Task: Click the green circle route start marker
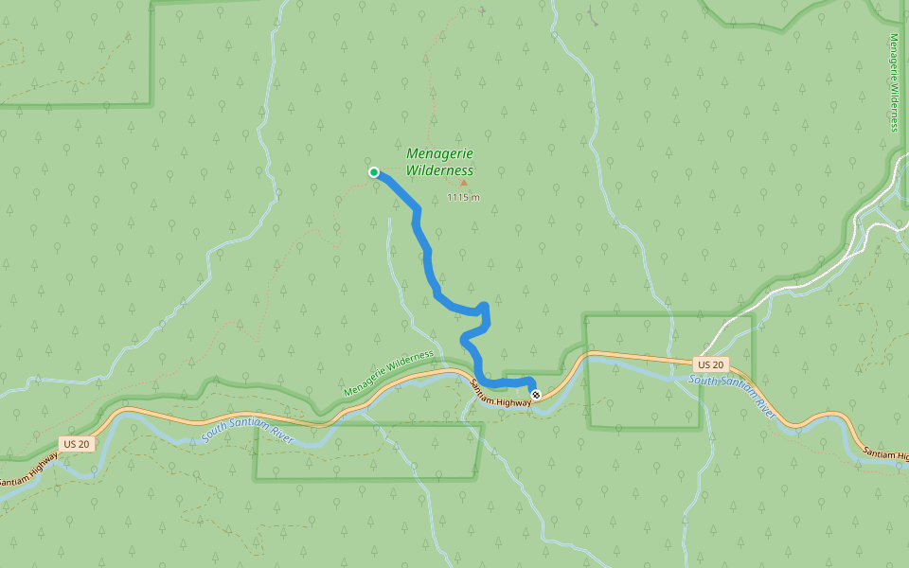(374, 172)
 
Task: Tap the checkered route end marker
(536, 394)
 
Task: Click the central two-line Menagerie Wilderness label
(439, 162)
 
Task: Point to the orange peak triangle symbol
(463, 183)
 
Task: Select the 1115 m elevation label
(463, 197)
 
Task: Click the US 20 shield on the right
(709, 364)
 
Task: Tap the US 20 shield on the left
(76, 444)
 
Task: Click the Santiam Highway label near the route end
(502, 395)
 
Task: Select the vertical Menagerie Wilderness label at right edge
(894, 82)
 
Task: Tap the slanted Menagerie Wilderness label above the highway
(388, 374)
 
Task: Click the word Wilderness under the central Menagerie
(439, 170)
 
